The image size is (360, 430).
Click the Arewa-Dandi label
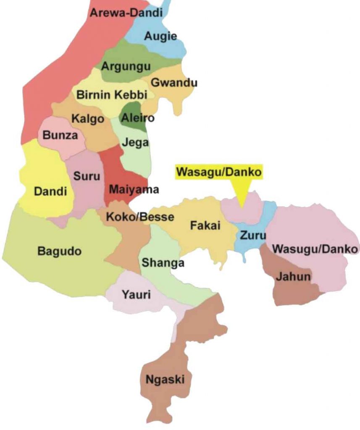[x=126, y=13]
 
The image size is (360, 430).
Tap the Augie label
[x=160, y=37]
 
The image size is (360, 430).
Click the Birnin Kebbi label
[x=112, y=95]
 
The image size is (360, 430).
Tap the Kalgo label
[x=87, y=119]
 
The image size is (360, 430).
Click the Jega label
[x=135, y=142]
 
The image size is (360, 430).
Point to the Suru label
[x=87, y=176]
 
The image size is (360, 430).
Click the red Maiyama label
[x=134, y=189]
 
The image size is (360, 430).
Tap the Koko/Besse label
[x=134, y=218]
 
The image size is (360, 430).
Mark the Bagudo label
[x=60, y=252]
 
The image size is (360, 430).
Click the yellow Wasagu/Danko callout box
[x=218, y=172]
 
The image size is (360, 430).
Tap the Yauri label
[x=136, y=295]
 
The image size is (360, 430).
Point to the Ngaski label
[x=165, y=380]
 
